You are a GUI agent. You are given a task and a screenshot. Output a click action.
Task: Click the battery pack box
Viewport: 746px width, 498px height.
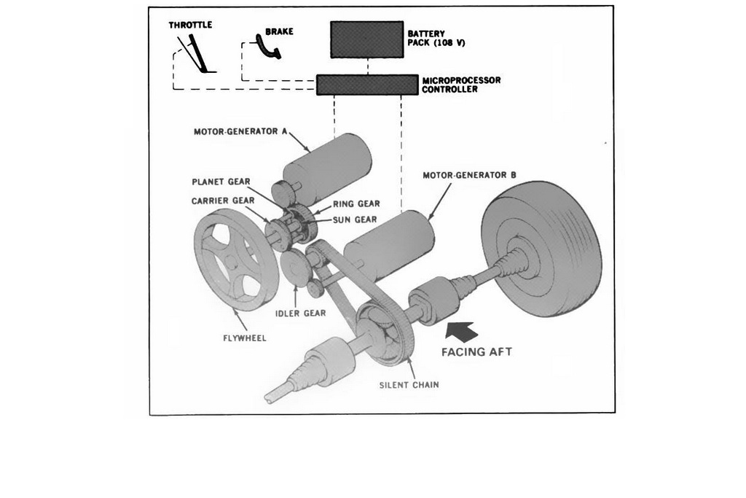(366, 39)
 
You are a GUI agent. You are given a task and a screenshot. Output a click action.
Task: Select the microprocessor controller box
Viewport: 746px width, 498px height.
(367, 85)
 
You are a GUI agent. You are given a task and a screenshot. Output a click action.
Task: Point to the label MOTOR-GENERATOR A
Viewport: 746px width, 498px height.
(240, 133)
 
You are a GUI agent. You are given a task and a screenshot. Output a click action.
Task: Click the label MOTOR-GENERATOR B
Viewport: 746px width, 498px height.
(469, 176)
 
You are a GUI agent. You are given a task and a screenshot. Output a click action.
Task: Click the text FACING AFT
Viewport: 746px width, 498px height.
(476, 351)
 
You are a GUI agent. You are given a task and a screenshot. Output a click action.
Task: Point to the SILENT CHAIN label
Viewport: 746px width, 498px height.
(409, 385)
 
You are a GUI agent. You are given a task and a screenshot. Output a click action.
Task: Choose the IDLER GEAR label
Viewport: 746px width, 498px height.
(300, 314)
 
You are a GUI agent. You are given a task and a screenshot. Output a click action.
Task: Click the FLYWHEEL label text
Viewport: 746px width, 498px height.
(244, 338)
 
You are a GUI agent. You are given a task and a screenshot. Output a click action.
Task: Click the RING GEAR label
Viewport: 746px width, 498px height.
(356, 204)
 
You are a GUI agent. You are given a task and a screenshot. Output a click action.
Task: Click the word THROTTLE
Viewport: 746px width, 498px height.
(190, 25)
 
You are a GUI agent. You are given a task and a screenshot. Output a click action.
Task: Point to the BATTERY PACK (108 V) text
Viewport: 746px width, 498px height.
(436, 38)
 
